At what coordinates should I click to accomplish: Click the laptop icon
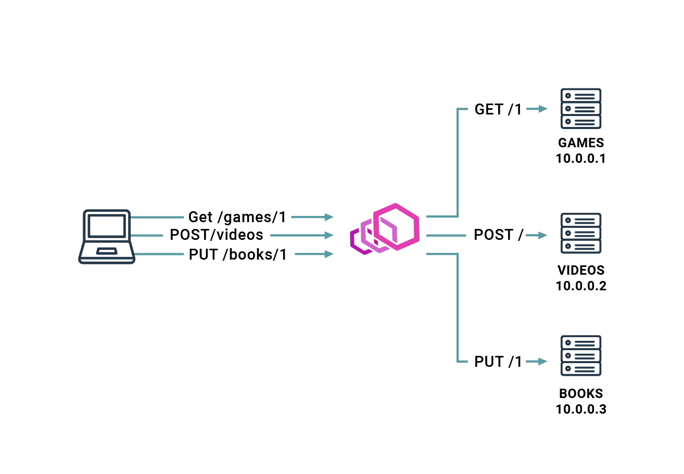pos(107,237)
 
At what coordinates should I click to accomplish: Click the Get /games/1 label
pos(237,216)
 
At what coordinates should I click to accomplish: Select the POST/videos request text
pos(217,235)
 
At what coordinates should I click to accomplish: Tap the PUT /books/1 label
pos(238,254)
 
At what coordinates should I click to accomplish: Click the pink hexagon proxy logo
pos(385,229)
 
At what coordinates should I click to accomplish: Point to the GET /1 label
pos(498,109)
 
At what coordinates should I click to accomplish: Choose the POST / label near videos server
pos(499,235)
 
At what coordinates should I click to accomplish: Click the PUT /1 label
pos(498,362)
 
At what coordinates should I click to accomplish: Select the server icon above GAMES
pos(581,109)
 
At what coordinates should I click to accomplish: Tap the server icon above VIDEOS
pos(581,233)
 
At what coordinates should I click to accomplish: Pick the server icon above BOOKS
pos(581,356)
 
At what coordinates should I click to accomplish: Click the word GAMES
pos(581,143)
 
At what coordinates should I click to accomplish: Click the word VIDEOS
pos(581,271)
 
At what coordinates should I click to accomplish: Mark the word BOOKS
pos(581,394)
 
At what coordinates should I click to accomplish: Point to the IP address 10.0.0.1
pos(581,159)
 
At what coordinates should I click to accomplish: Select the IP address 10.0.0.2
pos(581,286)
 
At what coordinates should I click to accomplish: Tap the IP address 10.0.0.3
pos(581,409)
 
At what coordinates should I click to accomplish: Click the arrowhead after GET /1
pos(543,109)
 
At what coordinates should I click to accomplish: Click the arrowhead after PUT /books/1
pos(328,254)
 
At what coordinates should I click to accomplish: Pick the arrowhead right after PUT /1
pos(543,362)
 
